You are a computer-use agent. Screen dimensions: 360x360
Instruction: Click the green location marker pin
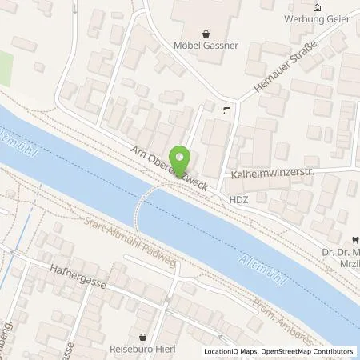tap(182, 159)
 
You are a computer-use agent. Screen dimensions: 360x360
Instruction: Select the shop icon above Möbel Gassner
tap(208, 34)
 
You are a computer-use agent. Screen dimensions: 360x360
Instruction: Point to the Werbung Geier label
tap(317, 19)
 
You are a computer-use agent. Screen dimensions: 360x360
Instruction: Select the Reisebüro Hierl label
tap(142, 349)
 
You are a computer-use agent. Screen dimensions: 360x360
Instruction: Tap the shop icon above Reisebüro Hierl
tap(142, 337)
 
